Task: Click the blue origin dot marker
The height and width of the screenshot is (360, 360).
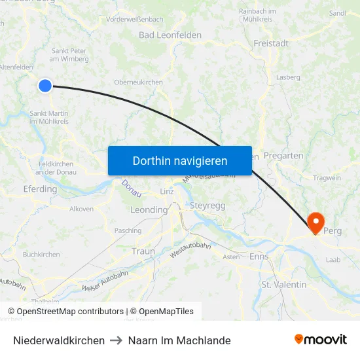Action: pos(45,85)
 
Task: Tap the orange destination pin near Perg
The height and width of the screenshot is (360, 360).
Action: pos(315,223)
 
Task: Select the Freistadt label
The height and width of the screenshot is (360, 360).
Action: pos(270,43)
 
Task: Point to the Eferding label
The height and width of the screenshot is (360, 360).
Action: pos(40,189)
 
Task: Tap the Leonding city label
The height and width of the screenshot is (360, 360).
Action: pos(149,210)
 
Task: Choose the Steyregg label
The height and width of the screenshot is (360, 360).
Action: pos(207,206)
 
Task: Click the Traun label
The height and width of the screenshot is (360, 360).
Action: pos(143,251)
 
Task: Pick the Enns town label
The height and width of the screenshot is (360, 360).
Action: pos(259,257)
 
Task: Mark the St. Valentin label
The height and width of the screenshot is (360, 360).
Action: pos(284,285)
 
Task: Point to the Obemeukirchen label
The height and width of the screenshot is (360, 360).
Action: pos(138,82)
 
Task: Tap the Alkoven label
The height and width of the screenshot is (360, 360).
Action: pos(82,209)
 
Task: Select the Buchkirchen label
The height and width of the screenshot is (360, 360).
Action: pos(41,255)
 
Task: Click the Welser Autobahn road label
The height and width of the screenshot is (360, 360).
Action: pos(105,280)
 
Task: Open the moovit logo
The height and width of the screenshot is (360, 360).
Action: pos(321,340)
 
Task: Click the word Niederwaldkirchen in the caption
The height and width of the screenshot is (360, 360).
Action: pos(59,340)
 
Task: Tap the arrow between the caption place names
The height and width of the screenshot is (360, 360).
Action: pos(117,340)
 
